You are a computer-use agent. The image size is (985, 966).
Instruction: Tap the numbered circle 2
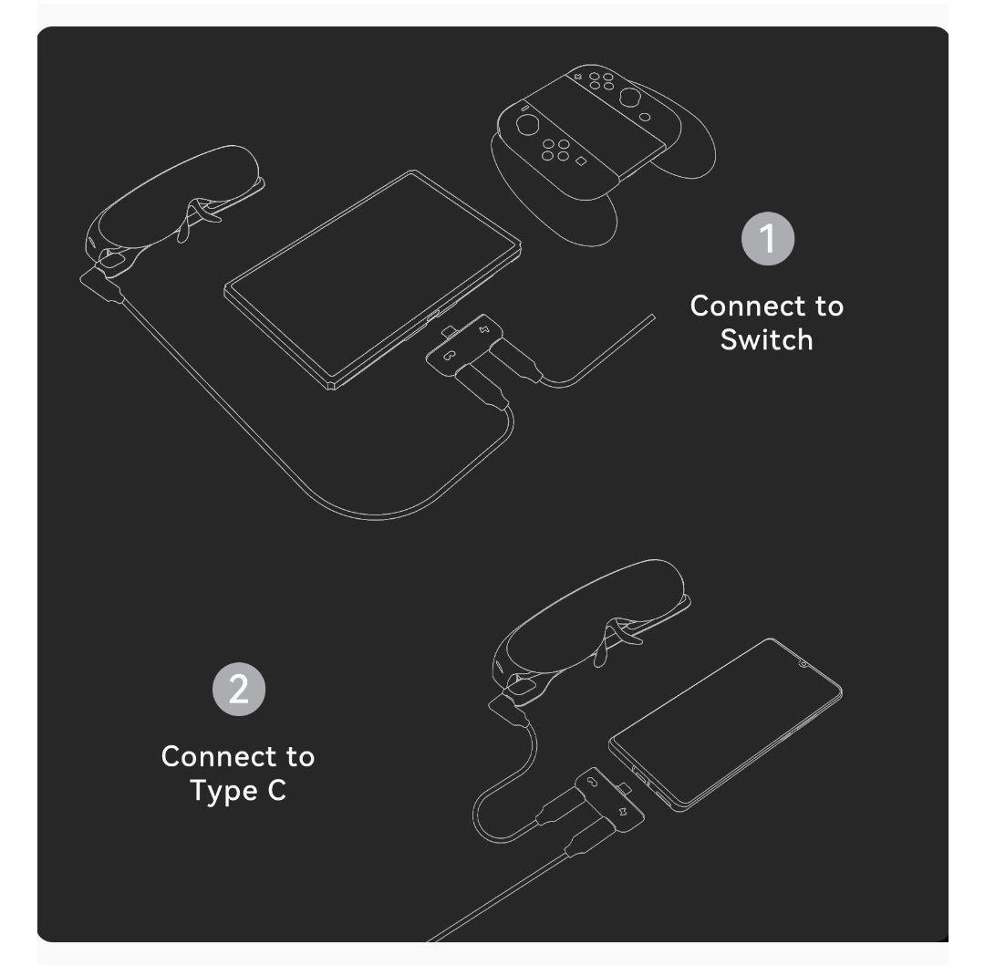(238, 690)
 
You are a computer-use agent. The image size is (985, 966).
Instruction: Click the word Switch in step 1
(766, 339)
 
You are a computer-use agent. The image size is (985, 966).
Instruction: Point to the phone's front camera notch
(803, 663)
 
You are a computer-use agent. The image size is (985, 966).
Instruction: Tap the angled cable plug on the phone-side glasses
(511, 712)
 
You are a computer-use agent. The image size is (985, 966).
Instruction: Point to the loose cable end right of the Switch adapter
(651, 317)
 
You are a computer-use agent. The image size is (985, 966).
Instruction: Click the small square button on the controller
(581, 161)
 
